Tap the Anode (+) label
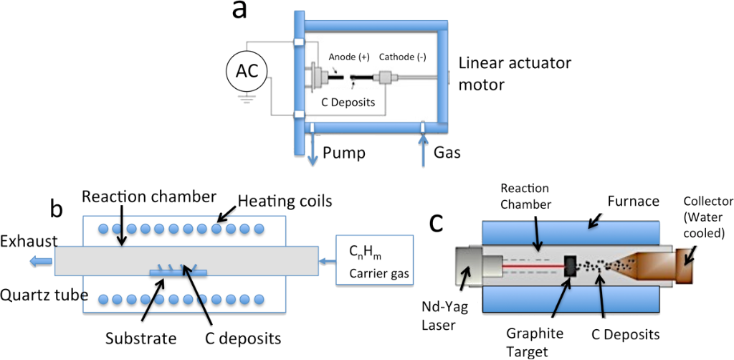pyautogui.click(x=349, y=57)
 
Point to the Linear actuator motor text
pyautogui.click(x=514, y=74)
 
